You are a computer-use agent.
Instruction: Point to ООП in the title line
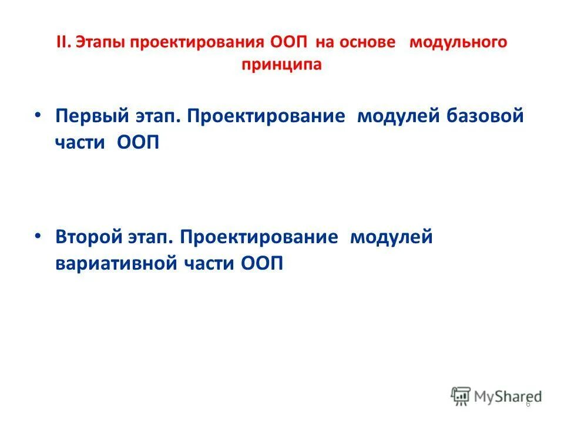coord(288,43)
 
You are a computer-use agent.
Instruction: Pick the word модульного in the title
coord(458,44)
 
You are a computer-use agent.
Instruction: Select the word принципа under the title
coord(281,65)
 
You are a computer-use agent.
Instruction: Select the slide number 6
coord(528,404)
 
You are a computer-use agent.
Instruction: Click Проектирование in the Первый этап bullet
coord(266,116)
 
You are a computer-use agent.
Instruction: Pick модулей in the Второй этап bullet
coord(391,237)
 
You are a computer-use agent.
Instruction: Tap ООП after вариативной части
coord(261,264)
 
